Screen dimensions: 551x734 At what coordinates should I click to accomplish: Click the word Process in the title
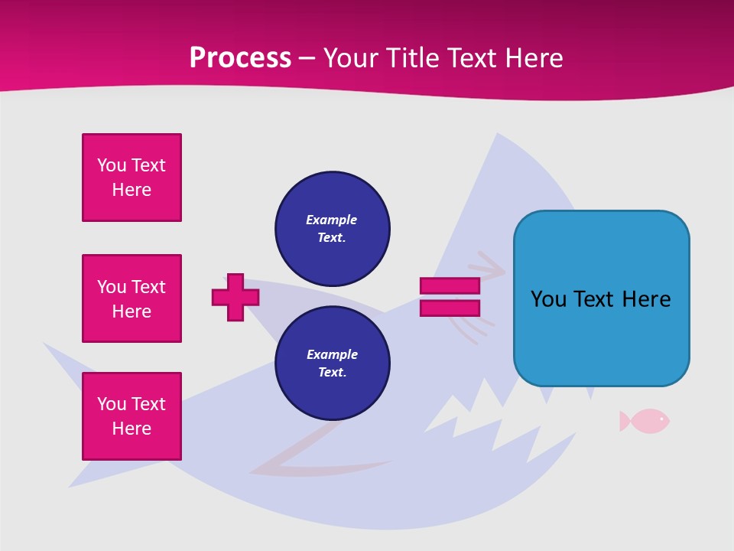(240, 58)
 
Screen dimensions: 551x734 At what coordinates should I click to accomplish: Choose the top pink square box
(132, 178)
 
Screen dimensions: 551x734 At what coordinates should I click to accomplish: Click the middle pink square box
(132, 298)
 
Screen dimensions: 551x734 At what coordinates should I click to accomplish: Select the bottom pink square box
(132, 416)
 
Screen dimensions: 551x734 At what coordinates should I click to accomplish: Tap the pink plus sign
(235, 297)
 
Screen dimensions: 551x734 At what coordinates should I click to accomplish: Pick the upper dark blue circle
(332, 228)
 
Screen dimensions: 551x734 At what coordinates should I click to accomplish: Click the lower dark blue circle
(332, 363)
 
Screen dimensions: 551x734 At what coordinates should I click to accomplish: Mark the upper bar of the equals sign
(450, 285)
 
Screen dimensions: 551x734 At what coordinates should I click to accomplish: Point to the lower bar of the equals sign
(450, 308)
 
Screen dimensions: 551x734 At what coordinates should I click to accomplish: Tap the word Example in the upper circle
(332, 220)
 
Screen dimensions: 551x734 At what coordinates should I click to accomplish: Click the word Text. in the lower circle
(332, 372)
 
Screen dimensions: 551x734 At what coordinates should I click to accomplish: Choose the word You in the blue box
(549, 299)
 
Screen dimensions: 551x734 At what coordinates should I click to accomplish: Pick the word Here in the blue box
(646, 299)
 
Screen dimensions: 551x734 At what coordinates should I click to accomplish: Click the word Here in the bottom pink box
(132, 429)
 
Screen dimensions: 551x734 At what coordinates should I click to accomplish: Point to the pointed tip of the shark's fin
(498, 135)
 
